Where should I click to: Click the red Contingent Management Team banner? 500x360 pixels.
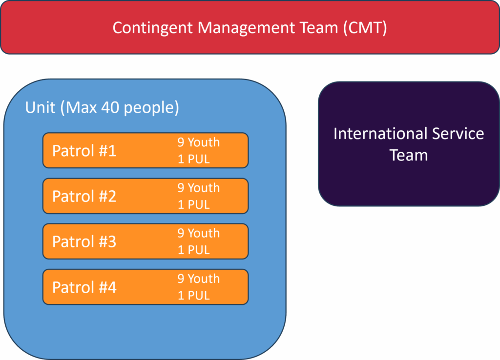click(250, 27)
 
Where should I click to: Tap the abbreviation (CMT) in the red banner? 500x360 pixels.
click(365, 28)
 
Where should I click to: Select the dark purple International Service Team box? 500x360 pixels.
click(409, 144)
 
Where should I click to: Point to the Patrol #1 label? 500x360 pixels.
click(84, 150)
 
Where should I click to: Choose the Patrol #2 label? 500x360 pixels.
click(84, 196)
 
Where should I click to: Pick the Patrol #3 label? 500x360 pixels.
click(84, 241)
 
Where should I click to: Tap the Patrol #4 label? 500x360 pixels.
click(84, 287)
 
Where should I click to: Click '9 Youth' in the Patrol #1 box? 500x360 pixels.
click(199, 142)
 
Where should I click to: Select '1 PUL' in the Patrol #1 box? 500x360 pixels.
click(193, 159)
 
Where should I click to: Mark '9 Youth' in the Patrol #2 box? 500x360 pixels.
click(199, 188)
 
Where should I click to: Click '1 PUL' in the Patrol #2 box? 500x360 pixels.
click(193, 204)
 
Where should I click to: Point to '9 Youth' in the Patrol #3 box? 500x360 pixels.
click(199, 233)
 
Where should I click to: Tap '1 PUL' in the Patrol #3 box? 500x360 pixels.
click(193, 250)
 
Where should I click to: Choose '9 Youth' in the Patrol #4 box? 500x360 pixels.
click(199, 279)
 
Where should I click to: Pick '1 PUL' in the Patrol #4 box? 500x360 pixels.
click(193, 296)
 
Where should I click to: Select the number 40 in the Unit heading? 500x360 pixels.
click(110, 107)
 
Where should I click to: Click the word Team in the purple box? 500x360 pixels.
click(409, 155)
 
